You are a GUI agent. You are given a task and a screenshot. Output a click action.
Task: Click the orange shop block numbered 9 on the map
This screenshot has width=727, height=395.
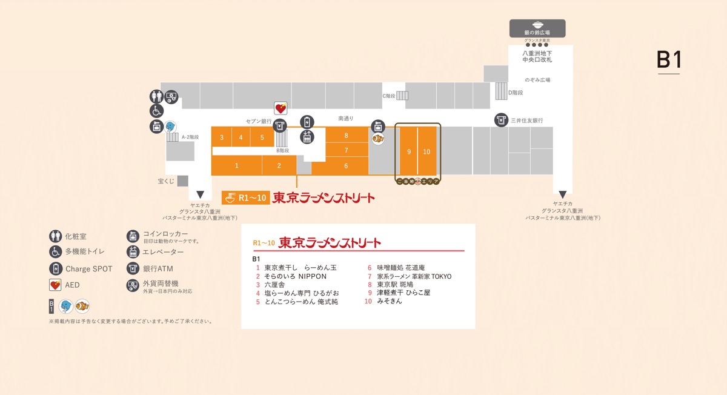pyautogui.click(x=409, y=151)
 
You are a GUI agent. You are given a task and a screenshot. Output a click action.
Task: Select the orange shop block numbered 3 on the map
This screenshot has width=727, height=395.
pyautogui.click(x=222, y=138)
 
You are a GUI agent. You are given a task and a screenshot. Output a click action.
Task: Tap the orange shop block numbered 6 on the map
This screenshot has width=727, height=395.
pyautogui.click(x=346, y=166)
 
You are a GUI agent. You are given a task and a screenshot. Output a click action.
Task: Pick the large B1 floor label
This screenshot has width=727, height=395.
pyautogui.click(x=669, y=60)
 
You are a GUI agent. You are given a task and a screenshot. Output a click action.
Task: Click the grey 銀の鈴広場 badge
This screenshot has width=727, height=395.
pyautogui.click(x=537, y=28)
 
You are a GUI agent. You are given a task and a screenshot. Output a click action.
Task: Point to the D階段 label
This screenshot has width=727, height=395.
pyautogui.click(x=516, y=93)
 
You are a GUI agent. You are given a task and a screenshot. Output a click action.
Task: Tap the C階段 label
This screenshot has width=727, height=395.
pyautogui.click(x=388, y=96)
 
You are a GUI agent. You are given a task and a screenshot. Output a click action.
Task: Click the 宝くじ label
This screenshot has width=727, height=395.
pyautogui.click(x=166, y=181)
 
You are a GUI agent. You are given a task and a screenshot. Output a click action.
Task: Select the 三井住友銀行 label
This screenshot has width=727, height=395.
pyautogui.click(x=527, y=121)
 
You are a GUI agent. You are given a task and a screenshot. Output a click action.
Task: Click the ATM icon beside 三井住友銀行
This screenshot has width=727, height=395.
pyautogui.click(x=501, y=120)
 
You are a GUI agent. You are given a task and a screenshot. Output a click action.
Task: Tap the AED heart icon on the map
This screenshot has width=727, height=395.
pyautogui.click(x=281, y=108)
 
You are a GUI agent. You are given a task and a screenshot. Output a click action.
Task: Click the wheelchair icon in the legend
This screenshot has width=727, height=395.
pyautogui.click(x=55, y=251)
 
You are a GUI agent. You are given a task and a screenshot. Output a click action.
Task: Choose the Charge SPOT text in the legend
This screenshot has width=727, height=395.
pyautogui.click(x=88, y=269)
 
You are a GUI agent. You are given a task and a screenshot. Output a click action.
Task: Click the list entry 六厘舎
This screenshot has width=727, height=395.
pyautogui.click(x=274, y=284)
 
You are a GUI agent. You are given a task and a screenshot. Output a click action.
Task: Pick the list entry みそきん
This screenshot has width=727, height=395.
pyautogui.click(x=389, y=301)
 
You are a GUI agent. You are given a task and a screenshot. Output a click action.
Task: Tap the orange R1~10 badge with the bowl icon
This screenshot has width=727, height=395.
pyautogui.click(x=246, y=198)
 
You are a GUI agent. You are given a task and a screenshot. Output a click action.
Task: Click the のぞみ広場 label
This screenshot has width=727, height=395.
pyautogui.click(x=537, y=80)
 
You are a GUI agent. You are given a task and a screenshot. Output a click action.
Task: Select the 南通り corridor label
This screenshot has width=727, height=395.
pyautogui.click(x=346, y=118)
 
